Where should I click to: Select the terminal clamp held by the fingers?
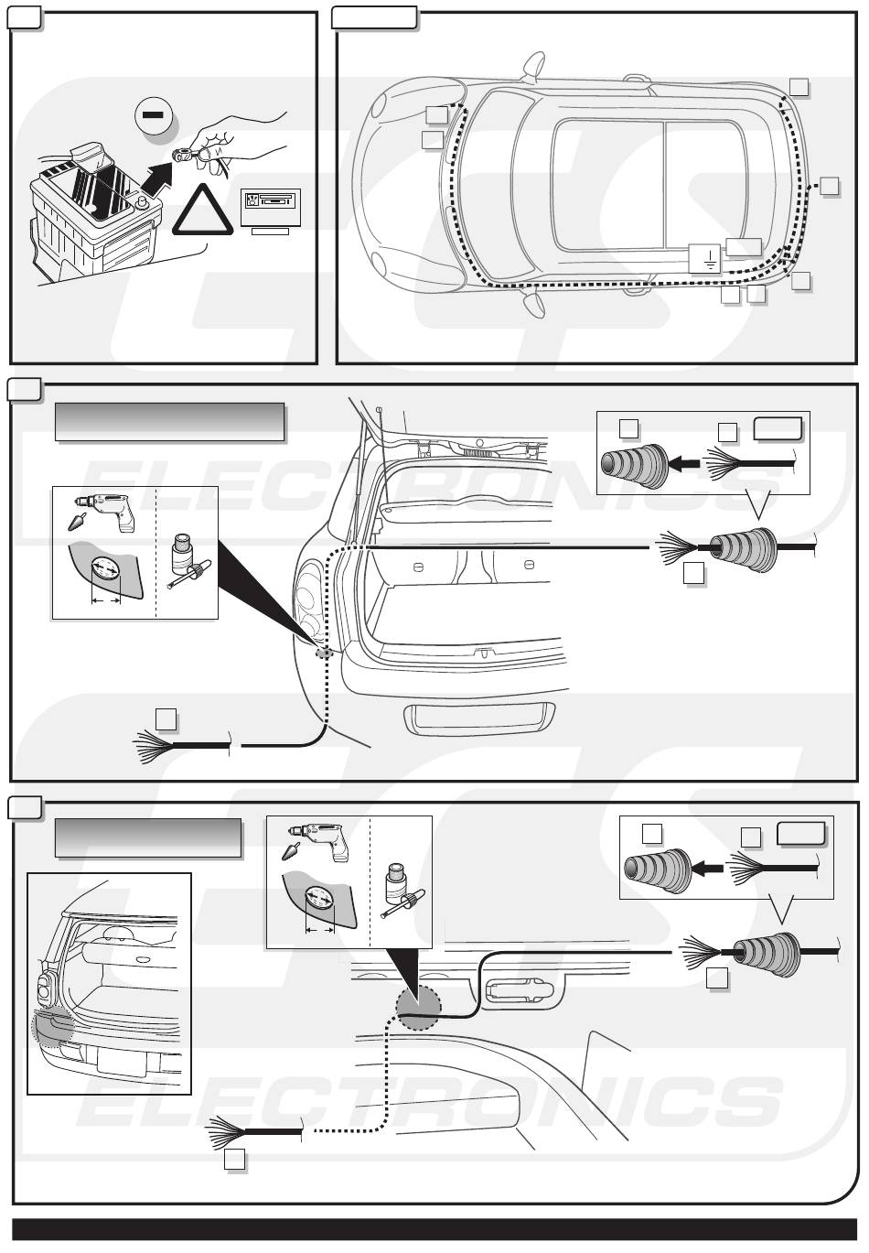pos(185,154)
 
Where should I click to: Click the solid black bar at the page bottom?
pos(434,1228)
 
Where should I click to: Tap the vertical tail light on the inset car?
pos(42,988)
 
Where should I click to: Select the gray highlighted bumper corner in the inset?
pos(53,1025)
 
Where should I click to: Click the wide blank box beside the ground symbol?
pos(743,245)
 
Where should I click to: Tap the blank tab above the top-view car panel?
pos(373,16)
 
